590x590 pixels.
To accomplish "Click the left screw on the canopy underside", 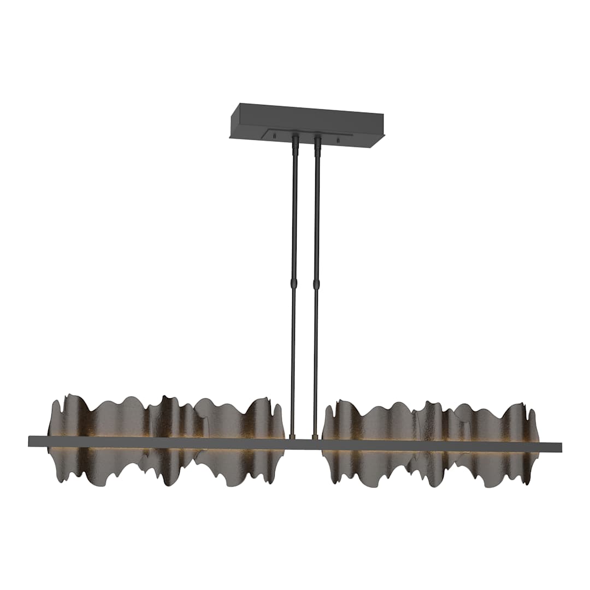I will (275, 134).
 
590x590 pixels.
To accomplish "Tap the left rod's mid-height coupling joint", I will (294, 284).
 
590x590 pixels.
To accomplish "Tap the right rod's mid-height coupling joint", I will (316, 284).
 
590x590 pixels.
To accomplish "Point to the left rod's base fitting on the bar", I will (292, 436).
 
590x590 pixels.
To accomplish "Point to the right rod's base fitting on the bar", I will (315, 436).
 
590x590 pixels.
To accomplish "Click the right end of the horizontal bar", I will (559, 447).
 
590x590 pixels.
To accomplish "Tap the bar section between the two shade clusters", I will (303, 444).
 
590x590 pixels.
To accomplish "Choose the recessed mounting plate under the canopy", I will (306, 137).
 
